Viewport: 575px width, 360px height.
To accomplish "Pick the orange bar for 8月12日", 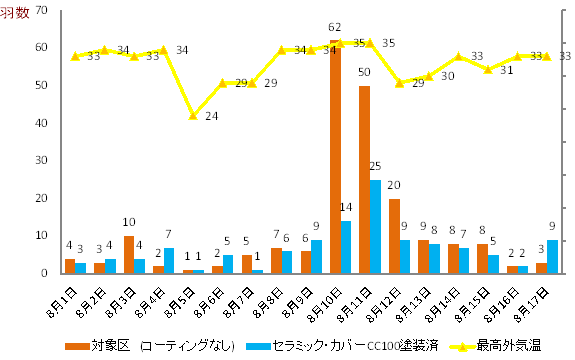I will click(394, 236).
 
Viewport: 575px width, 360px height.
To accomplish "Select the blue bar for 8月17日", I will click(553, 256).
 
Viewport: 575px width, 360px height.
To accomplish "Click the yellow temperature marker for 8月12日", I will click(399, 82).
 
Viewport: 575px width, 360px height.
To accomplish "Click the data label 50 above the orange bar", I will click(365, 72).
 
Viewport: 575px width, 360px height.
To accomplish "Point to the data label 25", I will click(375, 166).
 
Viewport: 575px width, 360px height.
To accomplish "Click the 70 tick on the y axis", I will click(40, 10).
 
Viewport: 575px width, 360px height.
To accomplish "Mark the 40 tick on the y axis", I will click(40, 123).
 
